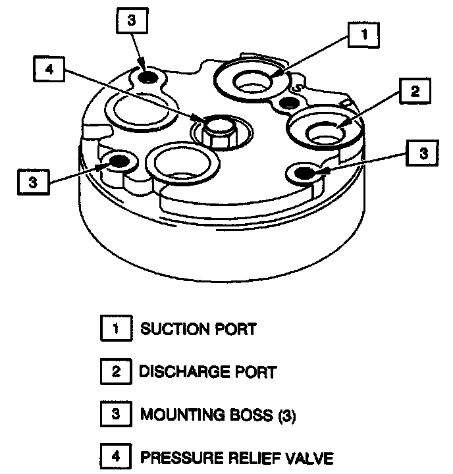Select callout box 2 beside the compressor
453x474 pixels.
click(413, 92)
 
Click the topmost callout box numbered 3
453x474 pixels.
click(132, 20)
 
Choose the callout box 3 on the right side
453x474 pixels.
click(424, 153)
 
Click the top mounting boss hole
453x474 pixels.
click(149, 78)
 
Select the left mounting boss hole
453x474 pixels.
click(119, 161)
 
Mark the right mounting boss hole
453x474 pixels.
click(304, 172)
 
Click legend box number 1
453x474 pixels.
click(116, 329)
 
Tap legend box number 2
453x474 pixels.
click(116, 372)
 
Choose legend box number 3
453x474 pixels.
click(116, 415)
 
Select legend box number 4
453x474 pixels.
click(116, 458)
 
